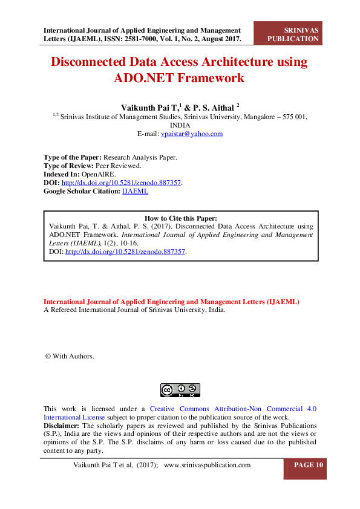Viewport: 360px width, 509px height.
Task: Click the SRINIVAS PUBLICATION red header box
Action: (293, 34)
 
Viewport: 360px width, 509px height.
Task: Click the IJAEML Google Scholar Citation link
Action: (135, 191)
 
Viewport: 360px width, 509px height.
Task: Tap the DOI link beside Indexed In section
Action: (121, 183)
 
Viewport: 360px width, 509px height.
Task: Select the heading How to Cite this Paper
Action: (181, 218)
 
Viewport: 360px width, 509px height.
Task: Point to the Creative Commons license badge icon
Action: (180, 391)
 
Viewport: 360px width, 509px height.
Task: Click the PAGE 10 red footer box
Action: (309, 465)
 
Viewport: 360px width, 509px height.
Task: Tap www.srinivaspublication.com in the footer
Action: (207, 465)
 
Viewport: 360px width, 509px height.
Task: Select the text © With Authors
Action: (70, 356)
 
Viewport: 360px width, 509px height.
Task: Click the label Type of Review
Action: (68, 166)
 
